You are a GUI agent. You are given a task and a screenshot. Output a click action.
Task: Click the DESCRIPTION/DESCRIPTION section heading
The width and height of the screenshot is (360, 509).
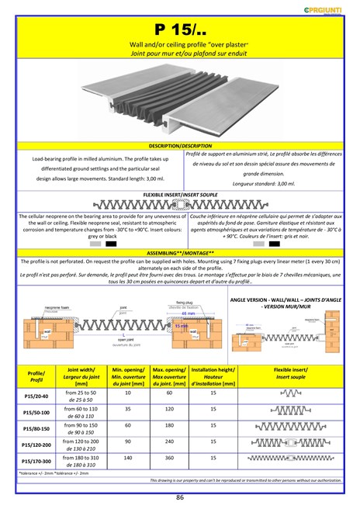179,146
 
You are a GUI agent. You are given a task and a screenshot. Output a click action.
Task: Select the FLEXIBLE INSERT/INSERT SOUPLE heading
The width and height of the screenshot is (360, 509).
180,195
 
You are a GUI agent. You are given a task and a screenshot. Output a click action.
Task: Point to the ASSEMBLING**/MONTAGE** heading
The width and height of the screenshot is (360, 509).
179,254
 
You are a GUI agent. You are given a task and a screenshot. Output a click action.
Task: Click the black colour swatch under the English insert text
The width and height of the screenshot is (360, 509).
111,243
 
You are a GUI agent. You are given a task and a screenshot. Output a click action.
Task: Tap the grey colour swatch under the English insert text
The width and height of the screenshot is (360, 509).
95,243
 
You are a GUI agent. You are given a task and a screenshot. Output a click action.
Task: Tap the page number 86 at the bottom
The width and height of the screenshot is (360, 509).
180,497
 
